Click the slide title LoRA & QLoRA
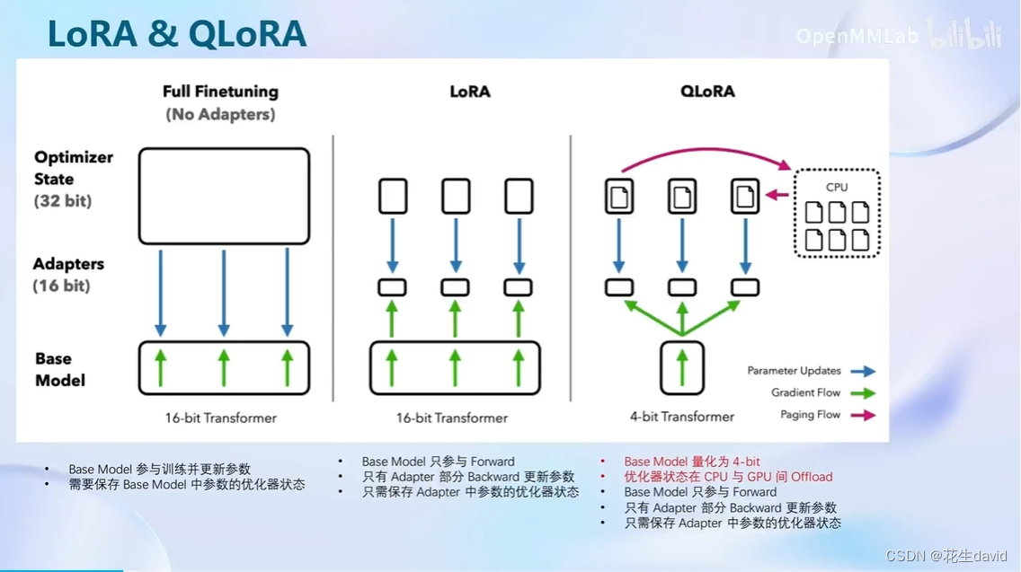coord(176,33)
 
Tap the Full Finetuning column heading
coord(220,92)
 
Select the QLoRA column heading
coord(707,92)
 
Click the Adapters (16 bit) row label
coord(68,275)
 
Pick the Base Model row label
coord(60,369)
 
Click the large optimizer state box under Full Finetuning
coord(224,197)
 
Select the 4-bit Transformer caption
coord(682,417)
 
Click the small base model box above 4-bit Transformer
coord(682,368)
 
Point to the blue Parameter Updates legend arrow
coord(863,371)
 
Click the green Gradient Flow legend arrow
coord(863,392)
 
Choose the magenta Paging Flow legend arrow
coord(863,415)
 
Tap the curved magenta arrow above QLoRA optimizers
coord(701,154)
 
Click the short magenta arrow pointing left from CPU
coord(777,195)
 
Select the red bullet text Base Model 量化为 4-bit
coord(692,462)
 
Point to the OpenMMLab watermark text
coord(857,36)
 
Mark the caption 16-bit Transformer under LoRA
coord(452,418)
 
